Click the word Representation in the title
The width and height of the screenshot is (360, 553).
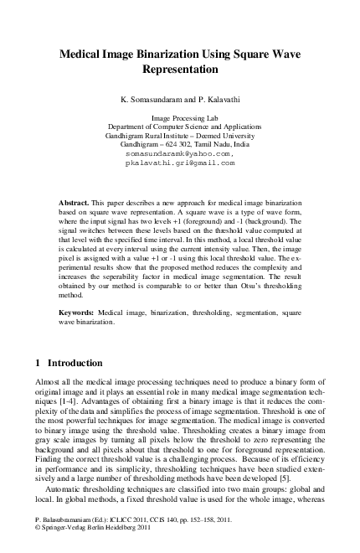pyautogui.click(x=181, y=70)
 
